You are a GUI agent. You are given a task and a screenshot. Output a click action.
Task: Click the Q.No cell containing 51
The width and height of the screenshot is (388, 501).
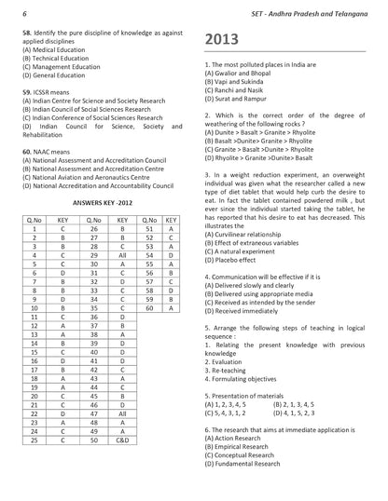tap(149, 227)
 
